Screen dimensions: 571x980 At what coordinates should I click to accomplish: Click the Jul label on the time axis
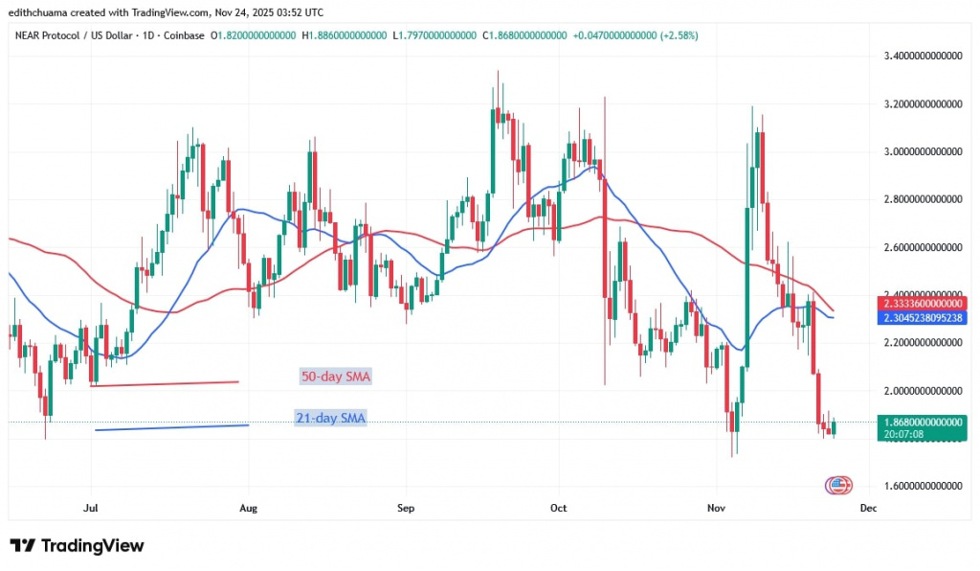(91, 509)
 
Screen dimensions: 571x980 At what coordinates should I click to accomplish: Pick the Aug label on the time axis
(247, 509)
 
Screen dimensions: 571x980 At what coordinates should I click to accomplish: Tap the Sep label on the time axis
(404, 509)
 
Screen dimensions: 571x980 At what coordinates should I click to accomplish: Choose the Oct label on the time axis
(559, 509)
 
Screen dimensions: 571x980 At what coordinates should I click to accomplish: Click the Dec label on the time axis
(867, 509)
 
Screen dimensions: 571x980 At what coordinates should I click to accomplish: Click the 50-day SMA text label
(335, 377)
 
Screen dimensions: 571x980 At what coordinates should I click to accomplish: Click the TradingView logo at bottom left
(77, 546)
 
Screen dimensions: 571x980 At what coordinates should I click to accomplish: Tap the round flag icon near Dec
(837, 485)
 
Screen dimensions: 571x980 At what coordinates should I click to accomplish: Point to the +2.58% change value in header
(675, 35)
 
